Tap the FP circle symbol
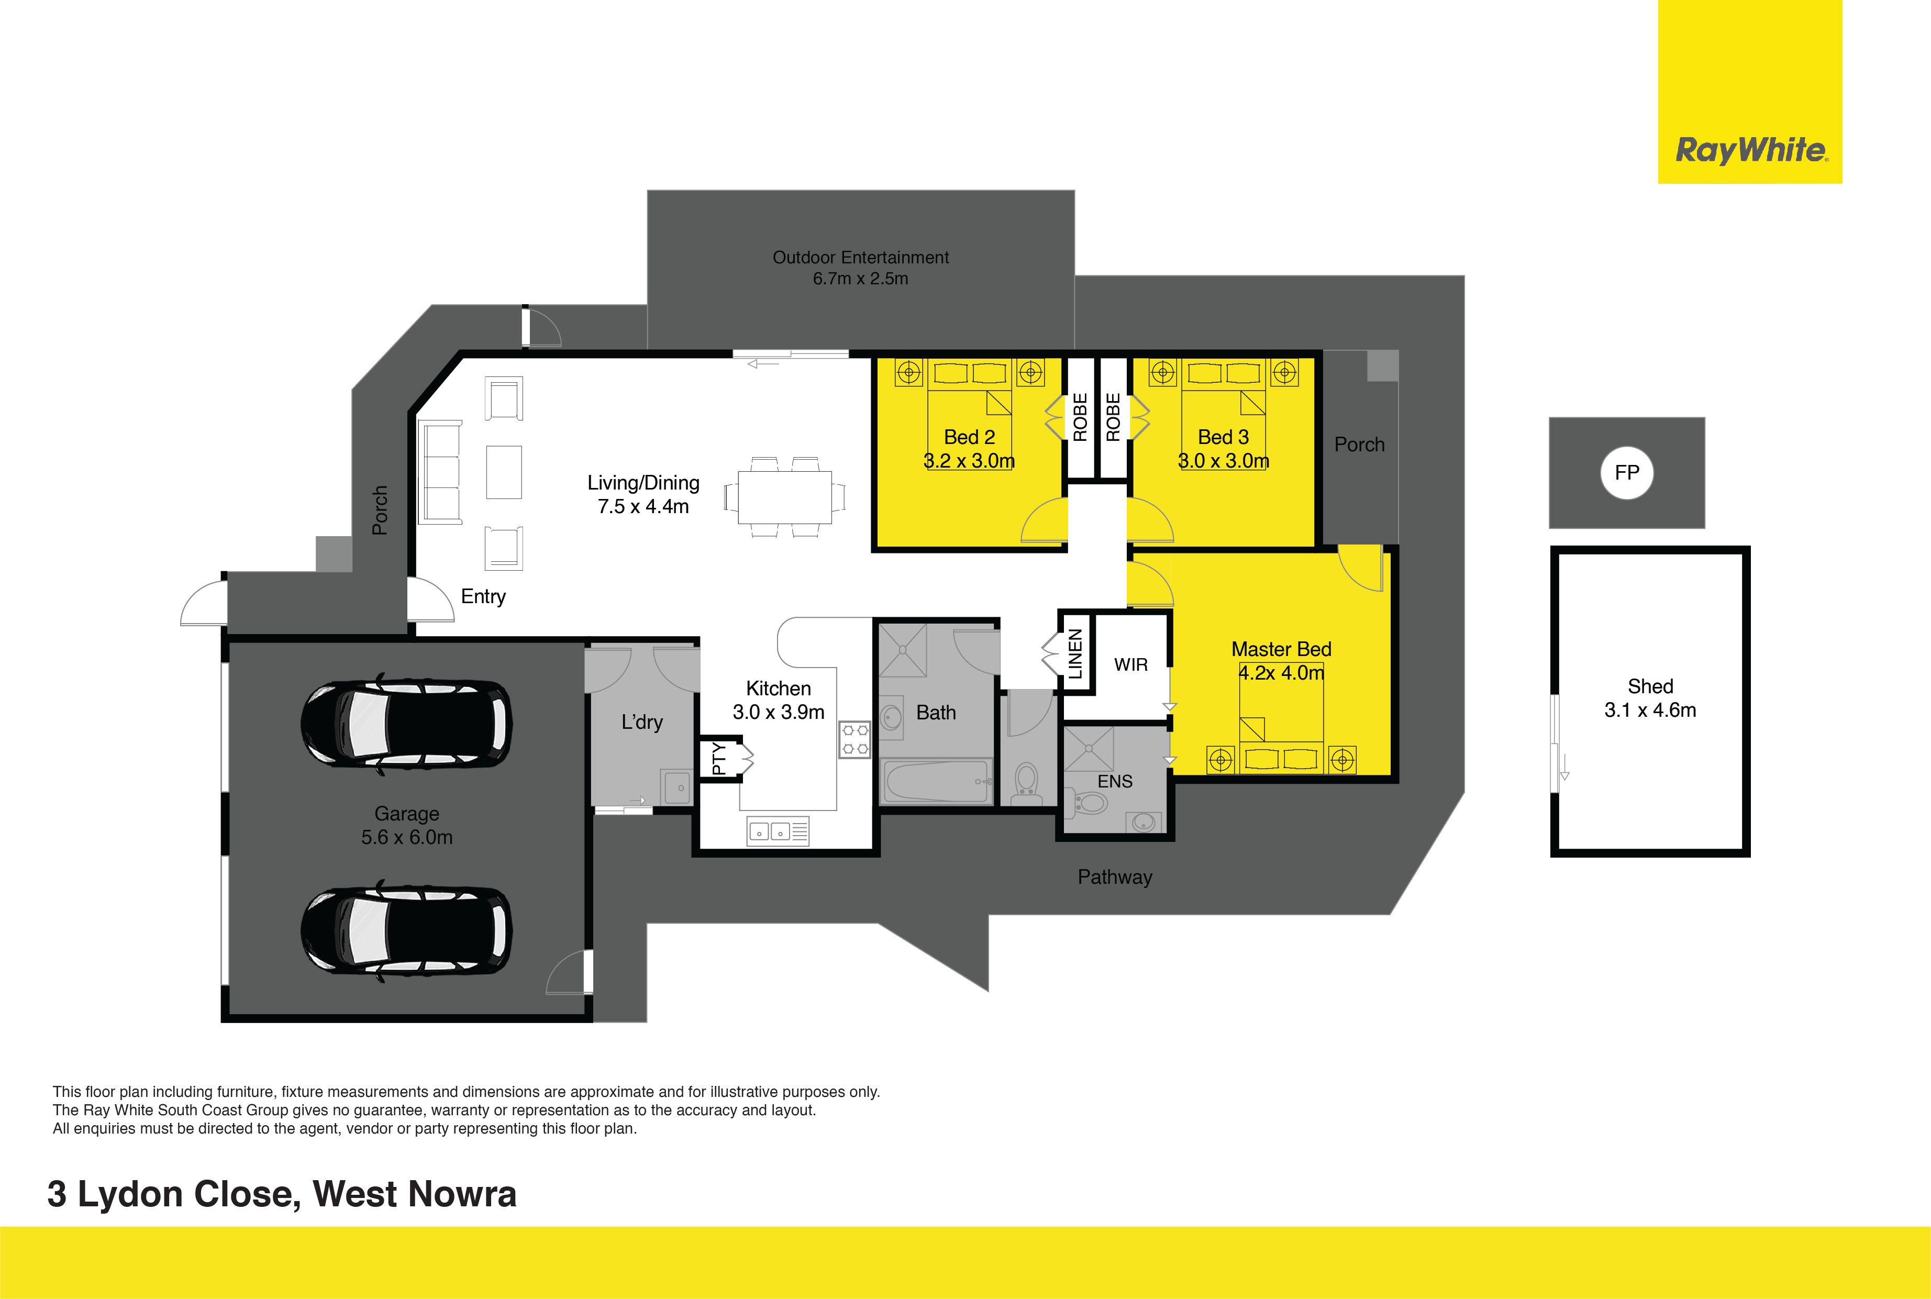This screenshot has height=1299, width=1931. click(1627, 473)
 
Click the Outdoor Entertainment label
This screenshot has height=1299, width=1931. click(861, 258)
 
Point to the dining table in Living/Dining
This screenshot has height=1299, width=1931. click(784, 497)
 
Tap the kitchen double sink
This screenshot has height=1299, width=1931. click(779, 831)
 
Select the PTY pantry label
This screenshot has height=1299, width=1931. click(719, 758)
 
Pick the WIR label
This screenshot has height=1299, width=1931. click(1131, 664)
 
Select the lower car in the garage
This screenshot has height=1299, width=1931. click(406, 931)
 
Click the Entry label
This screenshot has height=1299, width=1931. click(483, 596)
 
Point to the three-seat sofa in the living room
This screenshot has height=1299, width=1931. click(441, 472)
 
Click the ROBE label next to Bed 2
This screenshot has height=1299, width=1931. click(1080, 417)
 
